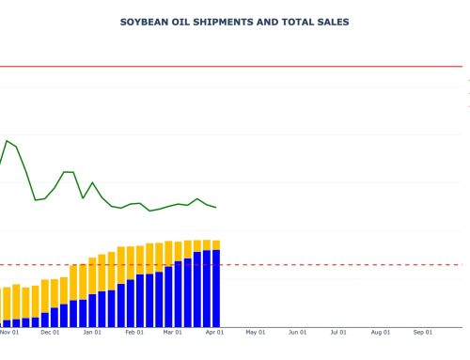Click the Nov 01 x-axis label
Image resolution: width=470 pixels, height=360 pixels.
pos(9,332)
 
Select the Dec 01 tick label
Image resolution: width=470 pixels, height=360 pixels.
pos(51,332)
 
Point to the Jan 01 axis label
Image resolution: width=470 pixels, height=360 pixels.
pos(92,332)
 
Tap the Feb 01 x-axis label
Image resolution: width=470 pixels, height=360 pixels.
pos(134,332)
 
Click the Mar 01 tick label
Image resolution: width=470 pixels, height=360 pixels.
pos(172,332)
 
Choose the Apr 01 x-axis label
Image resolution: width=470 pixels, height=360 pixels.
pos(215,332)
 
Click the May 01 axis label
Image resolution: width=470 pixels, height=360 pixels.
pos(256,332)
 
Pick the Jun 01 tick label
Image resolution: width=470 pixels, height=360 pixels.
pos(297,332)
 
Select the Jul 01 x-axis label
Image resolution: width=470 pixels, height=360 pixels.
pos(337,332)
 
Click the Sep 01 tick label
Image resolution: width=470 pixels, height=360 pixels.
pos(422,332)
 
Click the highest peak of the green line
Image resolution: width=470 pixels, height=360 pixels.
pos(8,141)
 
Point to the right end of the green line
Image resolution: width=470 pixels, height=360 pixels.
pos(216,208)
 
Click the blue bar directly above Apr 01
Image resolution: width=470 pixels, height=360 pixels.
pos(216,287)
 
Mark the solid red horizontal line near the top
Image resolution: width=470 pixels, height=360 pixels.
pos(235,67)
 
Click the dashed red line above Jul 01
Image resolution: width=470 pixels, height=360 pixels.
pos(337,265)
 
